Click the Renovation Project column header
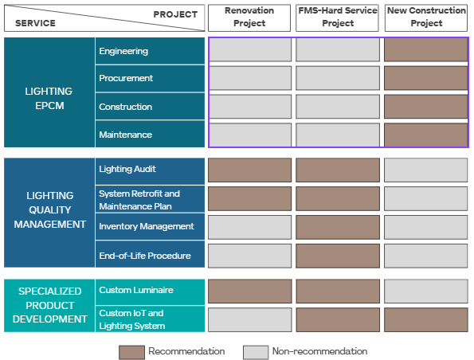[x=249, y=18]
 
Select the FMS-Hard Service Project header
[x=337, y=18]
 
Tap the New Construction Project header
[x=426, y=18]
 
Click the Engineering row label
[x=123, y=51]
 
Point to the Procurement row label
[x=126, y=78]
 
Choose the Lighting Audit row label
[x=127, y=169]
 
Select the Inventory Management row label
[x=147, y=226]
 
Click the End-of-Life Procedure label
[x=145, y=256]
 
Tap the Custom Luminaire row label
[x=136, y=290]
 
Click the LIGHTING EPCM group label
[x=49, y=99]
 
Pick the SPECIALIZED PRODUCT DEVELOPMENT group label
[x=50, y=305]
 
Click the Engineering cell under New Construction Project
[x=425, y=49]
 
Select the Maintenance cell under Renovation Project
[x=249, y=135]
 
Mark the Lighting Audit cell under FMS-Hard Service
[x=338, y=170]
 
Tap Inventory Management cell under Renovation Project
[x=249, y=227]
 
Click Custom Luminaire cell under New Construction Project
[x=426, y=291]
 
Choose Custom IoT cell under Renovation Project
[x=249, y=320]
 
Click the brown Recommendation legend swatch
[x=131, y=353]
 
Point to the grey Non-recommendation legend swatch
[x=256, y=353]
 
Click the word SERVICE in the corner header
[x=35, y=23]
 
